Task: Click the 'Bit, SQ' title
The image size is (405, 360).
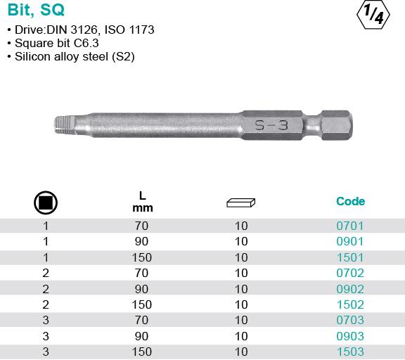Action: coord(36,10)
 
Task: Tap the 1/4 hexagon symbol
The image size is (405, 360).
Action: coord(373,15)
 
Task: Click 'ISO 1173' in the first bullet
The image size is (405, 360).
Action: coord(129,30)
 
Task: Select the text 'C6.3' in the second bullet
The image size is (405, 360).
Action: coord(86,43)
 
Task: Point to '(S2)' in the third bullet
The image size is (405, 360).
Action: coord(123,56)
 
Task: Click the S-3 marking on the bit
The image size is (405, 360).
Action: coord(271,125)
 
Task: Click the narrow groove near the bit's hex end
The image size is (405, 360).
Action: coord(312,126)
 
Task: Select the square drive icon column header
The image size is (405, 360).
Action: coord(46,202)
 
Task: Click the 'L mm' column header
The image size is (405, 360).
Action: coord(142,202)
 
